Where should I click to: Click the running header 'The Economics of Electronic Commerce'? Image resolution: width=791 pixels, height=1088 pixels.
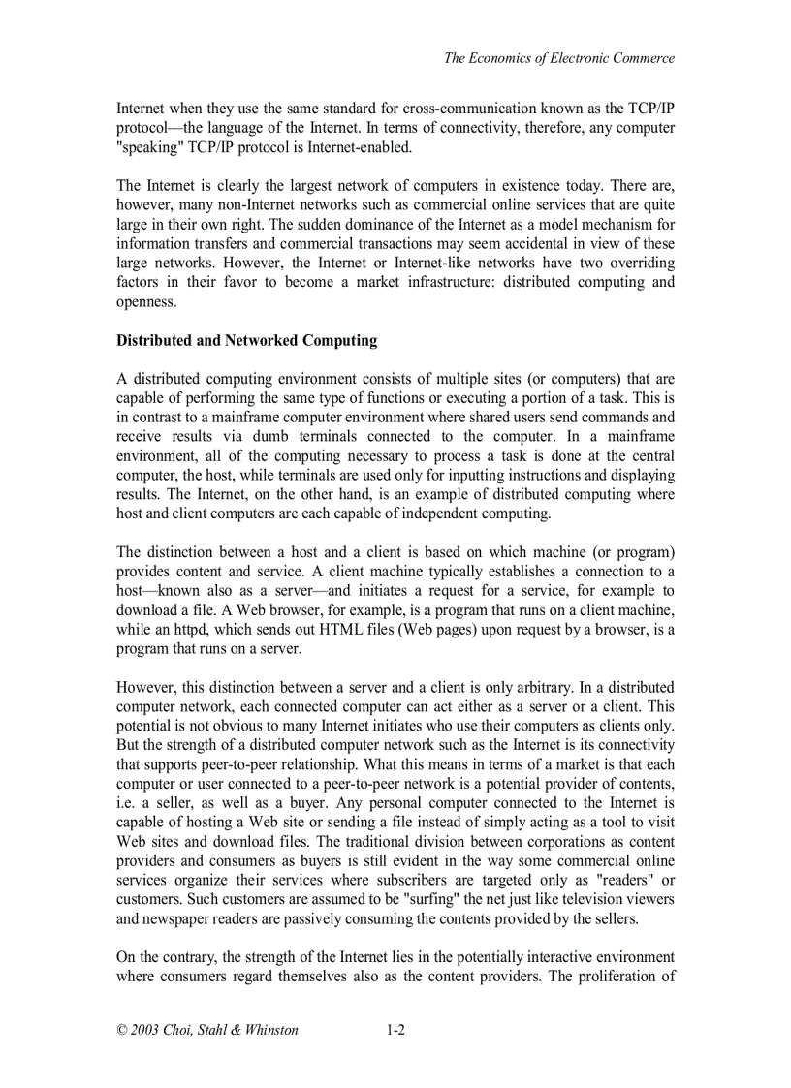point(559,58)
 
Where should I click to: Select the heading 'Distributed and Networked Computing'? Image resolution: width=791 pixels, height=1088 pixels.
point(246,341)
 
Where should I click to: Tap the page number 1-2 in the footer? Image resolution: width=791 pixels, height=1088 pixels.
point(395,1030)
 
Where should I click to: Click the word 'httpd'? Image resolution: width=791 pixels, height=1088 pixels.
point(191,630)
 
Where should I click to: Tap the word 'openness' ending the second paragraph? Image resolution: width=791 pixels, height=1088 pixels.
point(146,302)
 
